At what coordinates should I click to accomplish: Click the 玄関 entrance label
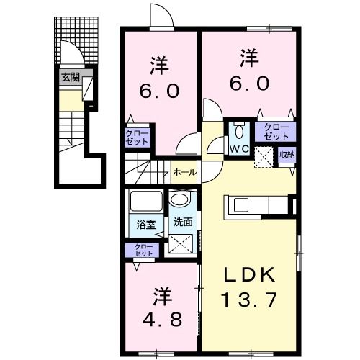[71, 77]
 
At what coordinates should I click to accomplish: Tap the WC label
[239, 149]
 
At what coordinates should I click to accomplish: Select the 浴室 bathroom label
[146, 225]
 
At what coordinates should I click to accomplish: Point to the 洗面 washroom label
[183, 222]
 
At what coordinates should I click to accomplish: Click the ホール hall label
[184, 172]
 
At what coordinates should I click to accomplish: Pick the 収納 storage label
[287, 155]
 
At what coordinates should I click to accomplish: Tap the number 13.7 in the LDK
[250, 300]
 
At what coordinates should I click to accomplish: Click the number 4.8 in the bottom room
[162, 319]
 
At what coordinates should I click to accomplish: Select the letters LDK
[250, 275]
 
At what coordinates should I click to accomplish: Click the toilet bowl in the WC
[238, 132]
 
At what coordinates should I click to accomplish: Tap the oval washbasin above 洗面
[181, 199]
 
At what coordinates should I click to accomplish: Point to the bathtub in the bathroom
[146, 201]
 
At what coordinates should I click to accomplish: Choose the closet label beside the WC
[276, 132]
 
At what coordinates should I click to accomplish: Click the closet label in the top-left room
[137, 138]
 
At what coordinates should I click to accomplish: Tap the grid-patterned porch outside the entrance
[76, 40]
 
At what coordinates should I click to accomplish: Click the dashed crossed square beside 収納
[264, 157]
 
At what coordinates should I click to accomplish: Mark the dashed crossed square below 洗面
[181, 243]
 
